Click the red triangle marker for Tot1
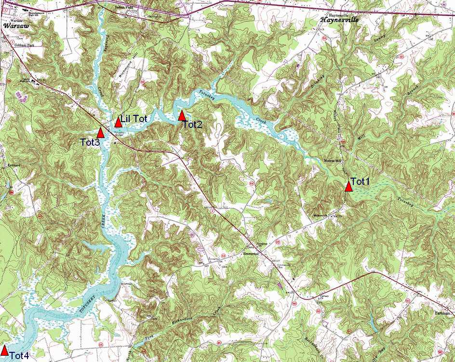click(348, 186)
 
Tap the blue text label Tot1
click(360, 181)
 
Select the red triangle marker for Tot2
click(182, 115)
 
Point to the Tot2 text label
click(192, 125)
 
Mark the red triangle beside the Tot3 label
click(101, 132)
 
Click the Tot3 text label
click(90, 142)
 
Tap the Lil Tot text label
click(134, 119)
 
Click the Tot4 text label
click(19, 356)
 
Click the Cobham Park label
click(27, 44)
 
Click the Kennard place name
click(13, 165)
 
